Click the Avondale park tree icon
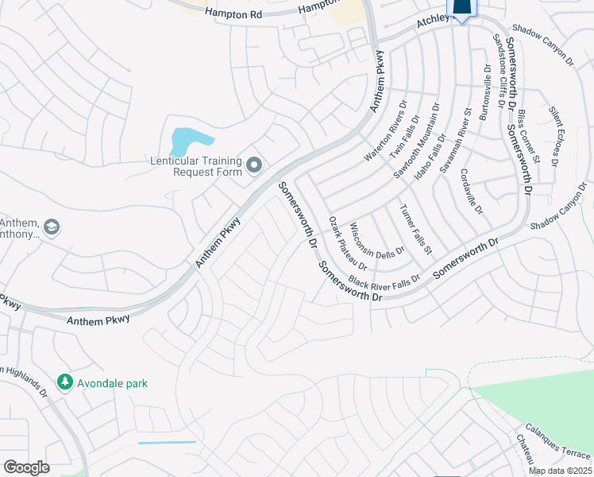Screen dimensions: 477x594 tap(64, 383)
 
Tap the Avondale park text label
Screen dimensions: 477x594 tap(112, 383)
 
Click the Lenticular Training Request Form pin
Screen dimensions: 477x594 tap(254, 165)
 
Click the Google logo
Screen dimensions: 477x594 tap(26, 467)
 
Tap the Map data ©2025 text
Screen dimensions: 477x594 tap(559, 471)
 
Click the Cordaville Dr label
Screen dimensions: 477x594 tap(471, 190)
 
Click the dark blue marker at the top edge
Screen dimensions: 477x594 tap(462, 7)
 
